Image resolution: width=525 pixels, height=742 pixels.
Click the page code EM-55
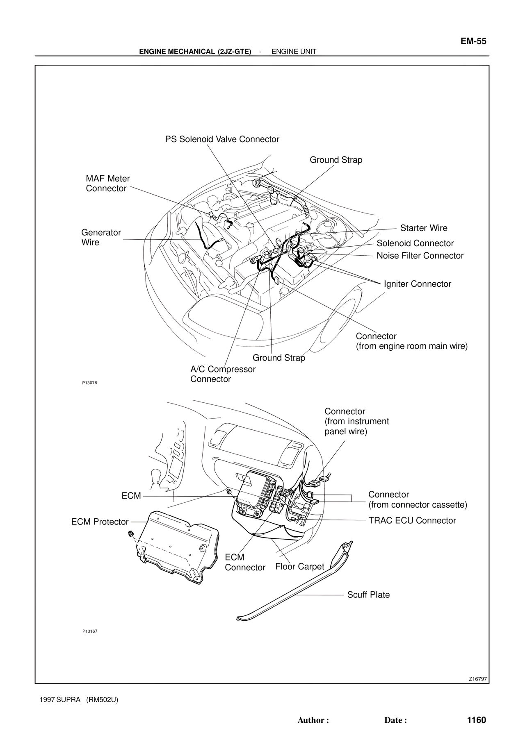[x=473, y=41]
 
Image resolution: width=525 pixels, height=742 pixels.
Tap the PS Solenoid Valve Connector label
[x=222, y=139]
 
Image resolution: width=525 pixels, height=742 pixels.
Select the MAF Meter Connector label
[x=107, y=184]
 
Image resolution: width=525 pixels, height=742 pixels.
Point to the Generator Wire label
[x=101, y=237]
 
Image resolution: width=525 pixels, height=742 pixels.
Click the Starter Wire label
[x=424, y=228]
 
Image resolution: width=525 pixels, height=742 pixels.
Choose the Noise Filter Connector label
[x=420, y=256]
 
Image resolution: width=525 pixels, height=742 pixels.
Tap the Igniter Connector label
[x=417, y=284]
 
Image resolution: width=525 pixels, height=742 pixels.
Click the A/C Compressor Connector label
[x=222, y=374]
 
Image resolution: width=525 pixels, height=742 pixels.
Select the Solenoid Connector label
[x=415, y=243]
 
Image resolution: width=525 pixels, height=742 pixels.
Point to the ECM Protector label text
[x=100, y=522]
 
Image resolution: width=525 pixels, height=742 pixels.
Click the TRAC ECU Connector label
[x=412, y=521]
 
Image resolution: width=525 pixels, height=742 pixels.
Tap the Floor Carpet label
[x=299, y=567]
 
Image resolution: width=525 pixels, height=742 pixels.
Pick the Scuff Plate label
[x=368, y=595]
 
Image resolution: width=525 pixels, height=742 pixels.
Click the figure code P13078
[x=89, y=383]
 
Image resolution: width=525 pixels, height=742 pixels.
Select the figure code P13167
[x=89, y=631]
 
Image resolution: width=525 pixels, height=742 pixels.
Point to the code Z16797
[x=478, y=679]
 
